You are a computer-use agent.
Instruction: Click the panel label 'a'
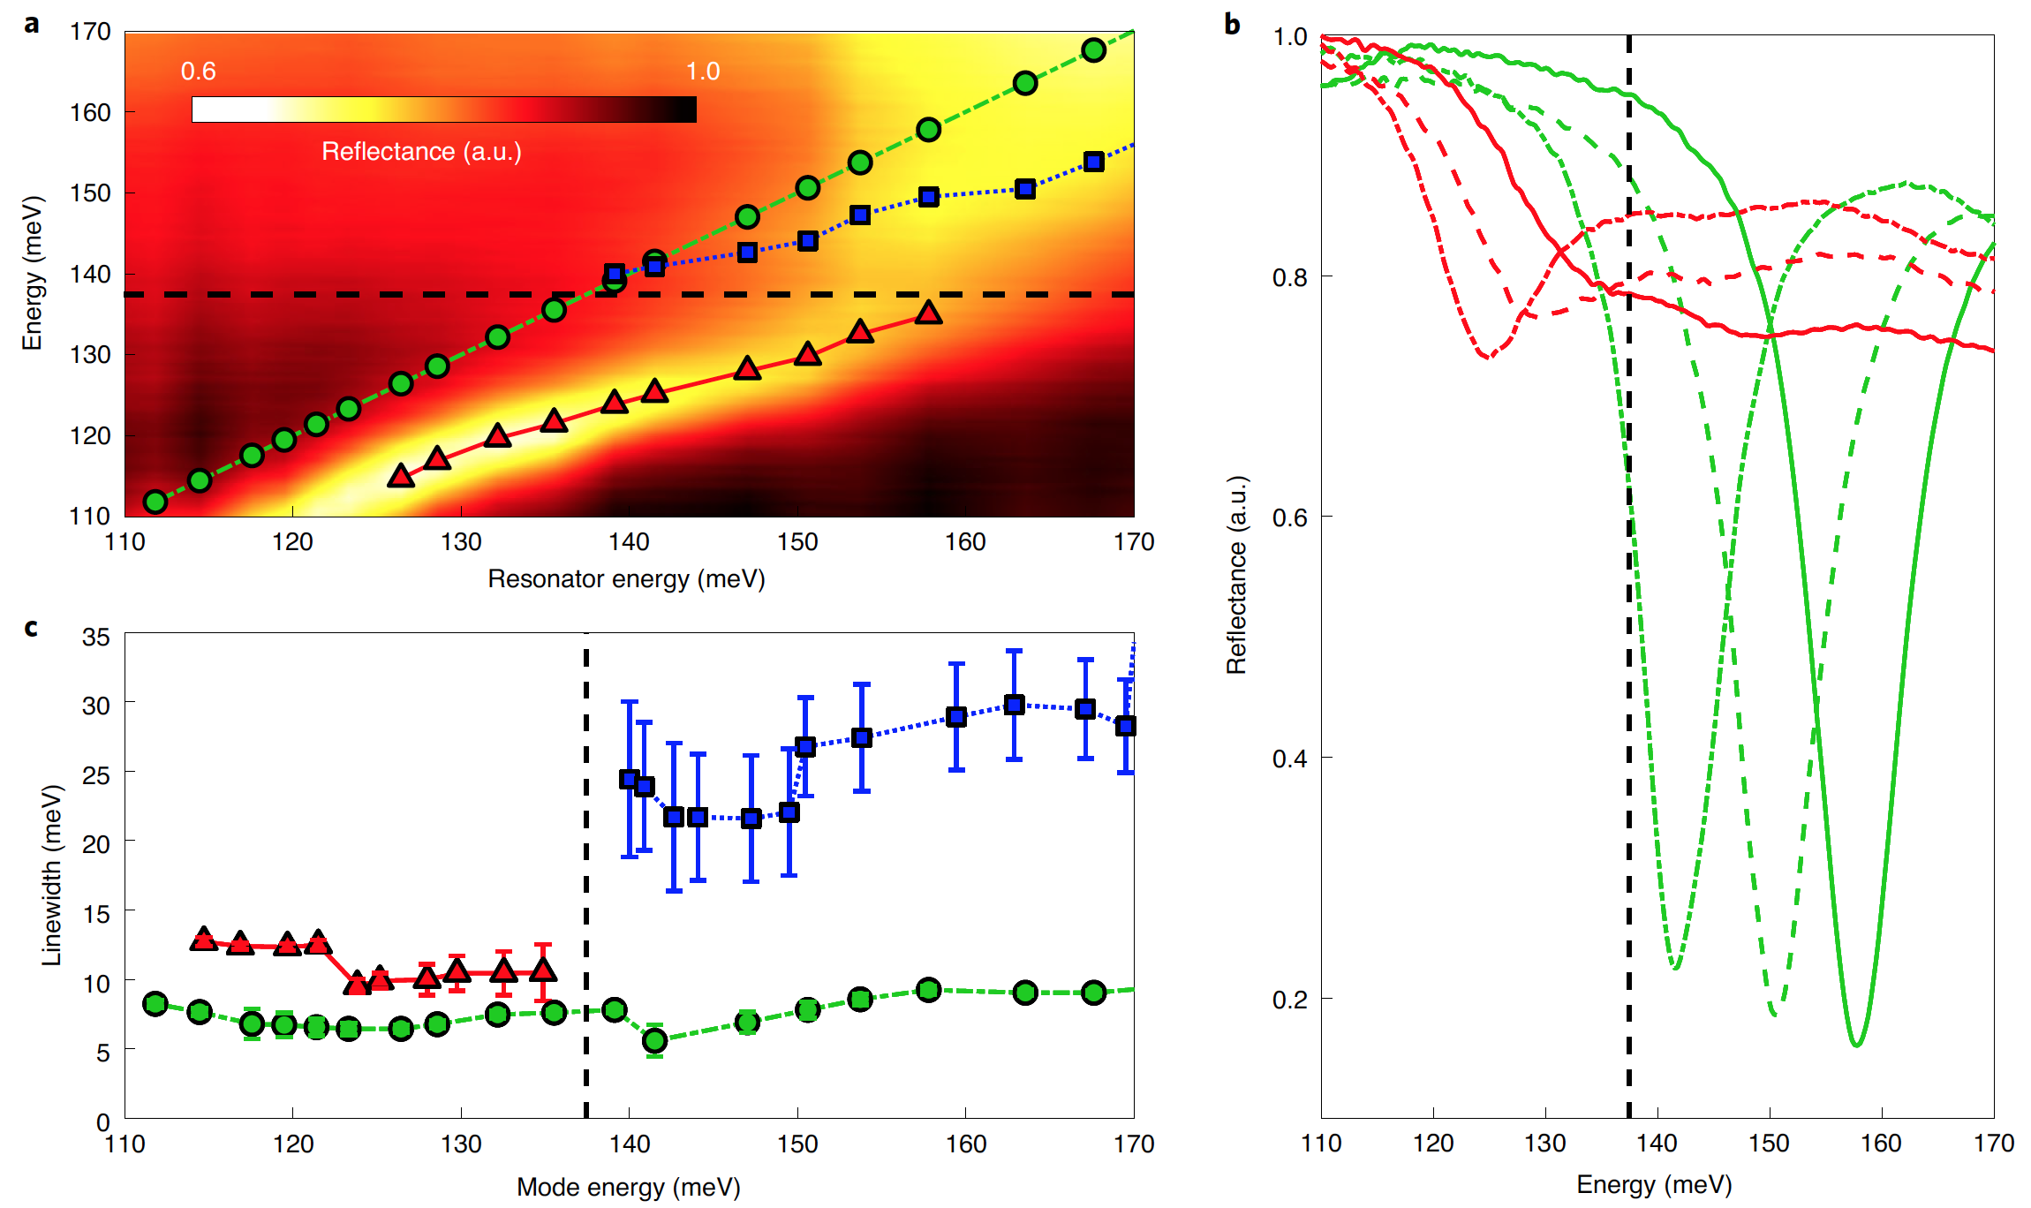coord(32,24)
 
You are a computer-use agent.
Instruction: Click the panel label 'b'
coord(1232,25)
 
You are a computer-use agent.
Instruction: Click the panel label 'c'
coord(31,628)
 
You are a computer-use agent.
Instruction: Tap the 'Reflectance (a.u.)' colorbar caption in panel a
coord(421,152)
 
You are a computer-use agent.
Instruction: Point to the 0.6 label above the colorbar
coord(198,72)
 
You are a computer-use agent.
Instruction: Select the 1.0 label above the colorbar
coord(703,72)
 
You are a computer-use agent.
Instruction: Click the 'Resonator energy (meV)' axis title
coord(626,579)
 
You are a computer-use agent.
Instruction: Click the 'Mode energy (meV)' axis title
coord(628,1187)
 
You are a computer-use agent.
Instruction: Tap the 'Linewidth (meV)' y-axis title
coord(52,874)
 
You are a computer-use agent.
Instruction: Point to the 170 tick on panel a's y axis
coord(90,32)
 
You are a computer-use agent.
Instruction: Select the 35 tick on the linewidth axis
coord(95,637)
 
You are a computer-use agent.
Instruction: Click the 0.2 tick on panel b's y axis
coord(1289,999)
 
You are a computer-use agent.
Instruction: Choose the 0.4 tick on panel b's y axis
coord(1289,758)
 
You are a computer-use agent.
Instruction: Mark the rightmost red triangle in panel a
coord(928,313)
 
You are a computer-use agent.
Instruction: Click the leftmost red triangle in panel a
coord(401,476)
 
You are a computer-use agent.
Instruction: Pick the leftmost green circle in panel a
coord(155,502)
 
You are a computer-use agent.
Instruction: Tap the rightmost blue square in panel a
coord(1093,162)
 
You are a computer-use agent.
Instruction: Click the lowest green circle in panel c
coord(654,1040)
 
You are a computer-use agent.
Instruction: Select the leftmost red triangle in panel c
coord(204,939)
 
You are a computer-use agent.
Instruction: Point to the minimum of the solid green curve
coord(1857,1045)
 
